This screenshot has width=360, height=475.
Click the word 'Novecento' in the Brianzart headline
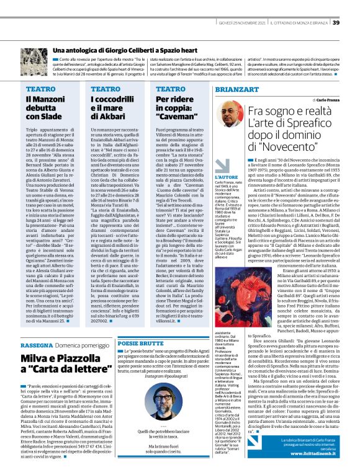point(304,148)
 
